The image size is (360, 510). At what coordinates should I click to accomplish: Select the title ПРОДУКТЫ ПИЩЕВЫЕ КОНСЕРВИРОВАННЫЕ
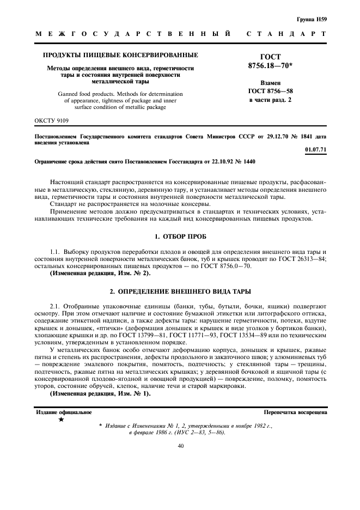[x=120, y=55]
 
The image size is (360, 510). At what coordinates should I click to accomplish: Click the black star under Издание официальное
[x=61, y=420]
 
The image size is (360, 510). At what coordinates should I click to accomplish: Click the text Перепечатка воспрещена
[x=295, y=412]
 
